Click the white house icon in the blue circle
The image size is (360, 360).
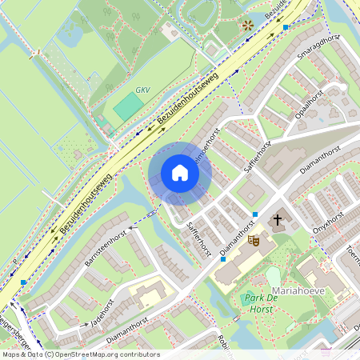[180, 173]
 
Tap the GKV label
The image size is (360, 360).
[142, 91]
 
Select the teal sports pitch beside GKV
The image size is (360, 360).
[126, 106]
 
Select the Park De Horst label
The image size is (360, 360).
[261, 302]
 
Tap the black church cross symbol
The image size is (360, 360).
[278, 219]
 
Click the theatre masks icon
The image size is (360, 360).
[254, 239]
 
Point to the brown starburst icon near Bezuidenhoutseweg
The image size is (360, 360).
[247, 25]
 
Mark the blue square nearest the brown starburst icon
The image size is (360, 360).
[286, 27]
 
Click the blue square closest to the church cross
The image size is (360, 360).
[254, 214]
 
